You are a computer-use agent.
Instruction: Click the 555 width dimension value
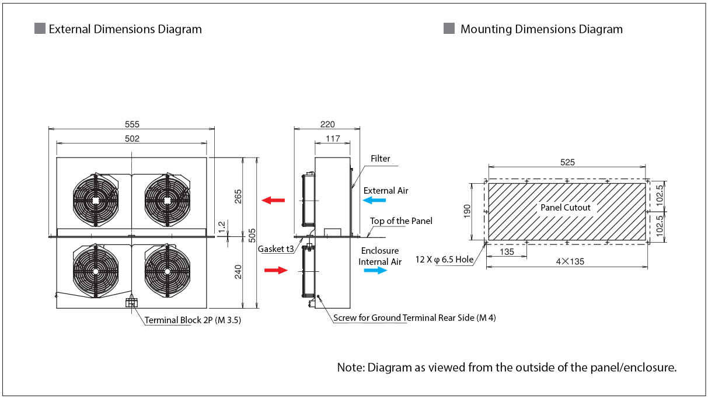(x=132, y=124)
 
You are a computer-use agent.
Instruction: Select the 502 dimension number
(x=132, y=139)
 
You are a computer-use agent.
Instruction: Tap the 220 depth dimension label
(x=327, y=124)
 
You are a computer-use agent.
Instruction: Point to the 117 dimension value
(x=333, y=139)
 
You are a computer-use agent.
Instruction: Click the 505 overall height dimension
(x=252, y=235)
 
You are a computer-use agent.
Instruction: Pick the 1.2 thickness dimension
(x=222, y=226)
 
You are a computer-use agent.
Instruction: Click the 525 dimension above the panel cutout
(x=567, y=162)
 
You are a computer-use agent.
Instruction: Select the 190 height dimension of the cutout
(x=467, y=211)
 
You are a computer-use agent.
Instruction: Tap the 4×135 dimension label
(x=570, y=261)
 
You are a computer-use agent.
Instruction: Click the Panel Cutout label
(x=565, y=208)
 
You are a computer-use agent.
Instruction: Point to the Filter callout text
(x=380, y=159)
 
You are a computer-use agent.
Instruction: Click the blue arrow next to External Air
(x=374, y=200)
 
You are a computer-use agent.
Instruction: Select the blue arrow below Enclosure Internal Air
(x=375, y=271)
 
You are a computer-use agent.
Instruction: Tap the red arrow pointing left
(x=273, y=200)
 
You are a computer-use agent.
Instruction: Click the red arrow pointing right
(x=276, y=270)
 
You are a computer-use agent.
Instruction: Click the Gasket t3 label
(x=276, y=249)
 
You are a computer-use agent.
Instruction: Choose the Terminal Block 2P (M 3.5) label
(x=193, y=320)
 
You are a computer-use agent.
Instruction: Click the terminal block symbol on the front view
(x=131, y=303)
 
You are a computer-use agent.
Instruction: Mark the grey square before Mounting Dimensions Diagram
(x=449, y=29)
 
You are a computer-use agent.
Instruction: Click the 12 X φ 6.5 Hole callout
(x=444, y=260)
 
